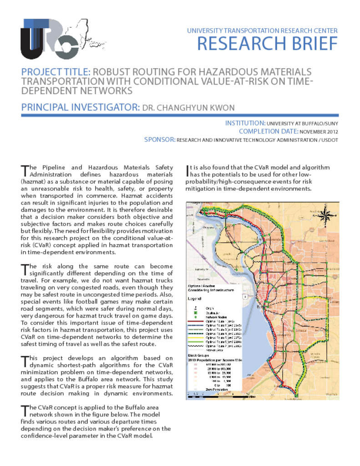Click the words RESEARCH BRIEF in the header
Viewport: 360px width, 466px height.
[267, 44]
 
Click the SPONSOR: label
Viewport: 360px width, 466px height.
[159, 140]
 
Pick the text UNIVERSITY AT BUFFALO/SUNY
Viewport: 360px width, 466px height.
[302, 123]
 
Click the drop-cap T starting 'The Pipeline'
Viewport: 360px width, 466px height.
[25, 170]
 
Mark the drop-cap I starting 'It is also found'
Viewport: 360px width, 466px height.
[189, 170]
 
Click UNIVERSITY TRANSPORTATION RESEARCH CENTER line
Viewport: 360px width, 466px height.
[262, 30]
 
